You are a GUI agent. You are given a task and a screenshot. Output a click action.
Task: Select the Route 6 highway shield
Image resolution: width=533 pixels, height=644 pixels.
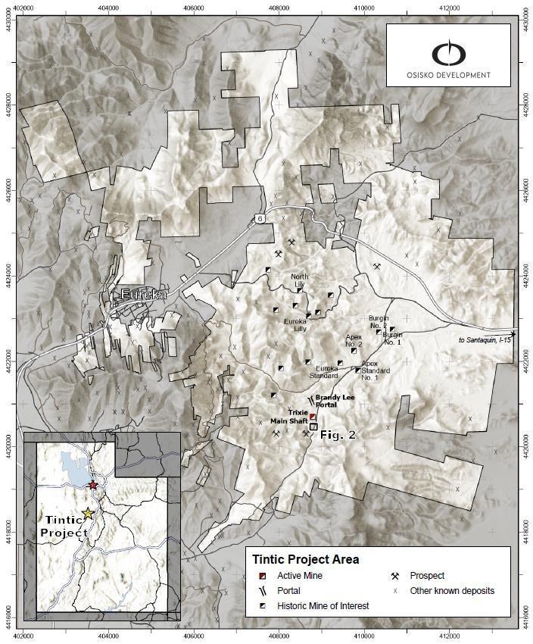[x=260, y=218]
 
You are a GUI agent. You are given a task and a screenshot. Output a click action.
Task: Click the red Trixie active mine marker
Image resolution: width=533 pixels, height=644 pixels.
[x=312, y=417]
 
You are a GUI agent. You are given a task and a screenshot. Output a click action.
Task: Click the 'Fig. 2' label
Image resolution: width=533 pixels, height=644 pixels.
[x=338, y=435]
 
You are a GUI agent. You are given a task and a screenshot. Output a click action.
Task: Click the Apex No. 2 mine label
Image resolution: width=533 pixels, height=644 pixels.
[x=354, y=339]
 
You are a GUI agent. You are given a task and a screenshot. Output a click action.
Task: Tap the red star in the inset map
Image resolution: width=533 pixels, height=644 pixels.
[x=92, y=485]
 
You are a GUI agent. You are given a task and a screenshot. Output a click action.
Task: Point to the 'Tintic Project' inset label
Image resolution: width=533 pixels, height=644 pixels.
[x=64, y=527]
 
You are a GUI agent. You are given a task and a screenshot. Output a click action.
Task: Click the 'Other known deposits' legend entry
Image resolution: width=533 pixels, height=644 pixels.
[x=452, y=591]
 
